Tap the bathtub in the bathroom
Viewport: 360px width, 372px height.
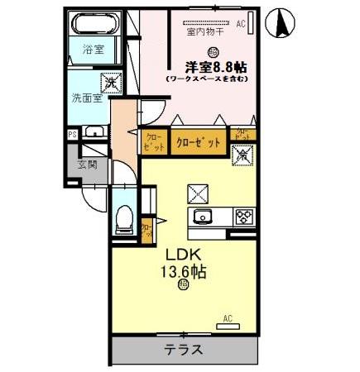coord(94,25)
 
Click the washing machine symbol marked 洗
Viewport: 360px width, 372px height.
coord(109,83)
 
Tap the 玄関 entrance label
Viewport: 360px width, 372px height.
coord(88,164)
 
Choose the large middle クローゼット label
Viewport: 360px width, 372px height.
coord(199,142)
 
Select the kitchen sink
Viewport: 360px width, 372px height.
coord(204,217)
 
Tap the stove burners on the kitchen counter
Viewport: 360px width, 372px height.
coord(245,217)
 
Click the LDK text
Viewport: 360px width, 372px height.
coord(184,253)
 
